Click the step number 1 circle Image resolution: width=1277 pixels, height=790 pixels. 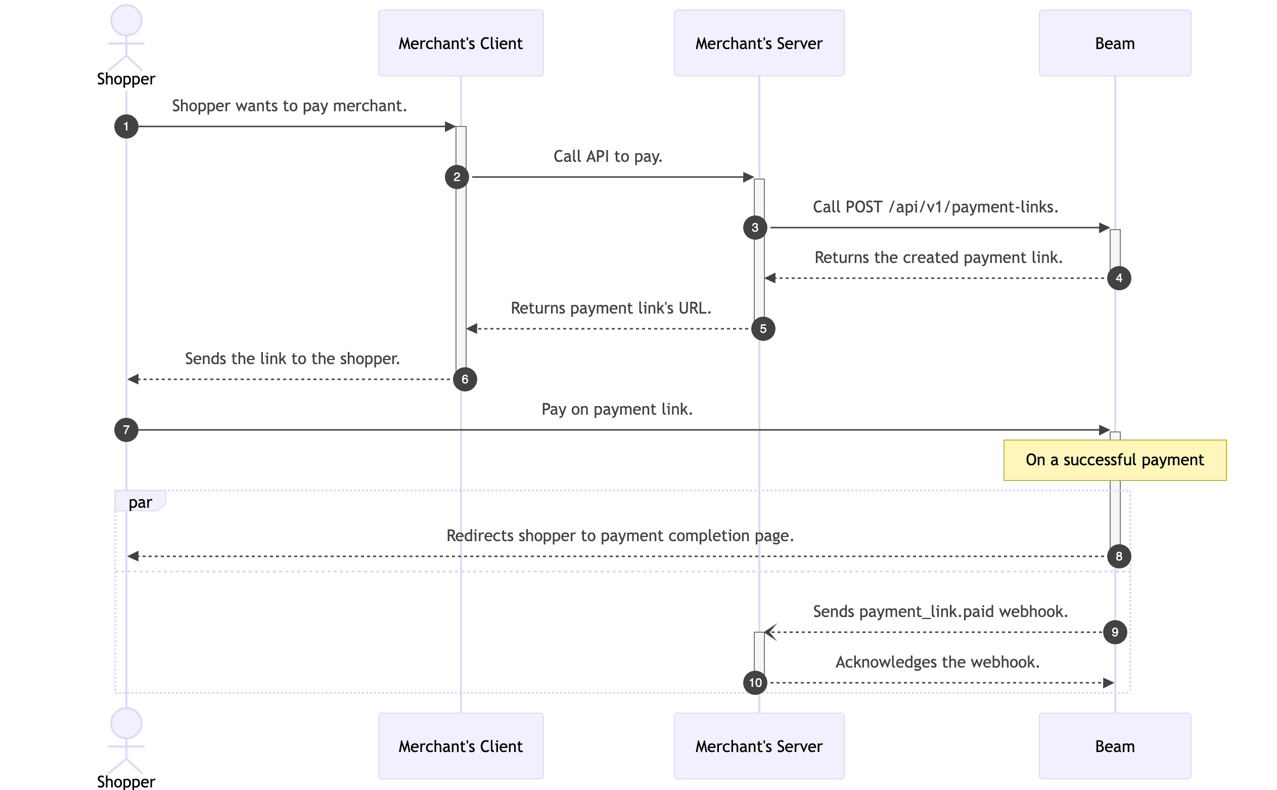coord(126,126)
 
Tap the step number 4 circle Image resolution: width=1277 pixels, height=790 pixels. coord(1118,278)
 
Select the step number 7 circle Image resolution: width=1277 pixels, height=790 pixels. coord(126,429)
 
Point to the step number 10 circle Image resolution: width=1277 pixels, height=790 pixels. coord(755,682)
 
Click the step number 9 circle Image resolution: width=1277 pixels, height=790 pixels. coord(1115,632)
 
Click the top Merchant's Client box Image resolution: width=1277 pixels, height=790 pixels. coord(460,43)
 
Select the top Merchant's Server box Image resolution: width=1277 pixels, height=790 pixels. coord(758,43)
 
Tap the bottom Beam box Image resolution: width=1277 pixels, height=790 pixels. coord(1114,745)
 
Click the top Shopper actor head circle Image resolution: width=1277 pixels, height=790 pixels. coord(126,20)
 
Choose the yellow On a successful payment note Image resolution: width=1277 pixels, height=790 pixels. coord(1114,460)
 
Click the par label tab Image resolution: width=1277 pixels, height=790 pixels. coord(140,501)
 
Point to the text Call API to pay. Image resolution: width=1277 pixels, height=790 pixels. coord(608,156)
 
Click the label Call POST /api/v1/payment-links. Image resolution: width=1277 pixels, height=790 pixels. coord(935,207)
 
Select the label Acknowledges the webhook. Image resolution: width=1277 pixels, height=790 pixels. coord(937,662)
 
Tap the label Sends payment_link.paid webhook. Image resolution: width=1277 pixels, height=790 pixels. coord(940,611)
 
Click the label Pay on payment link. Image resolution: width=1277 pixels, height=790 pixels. coord(616,409)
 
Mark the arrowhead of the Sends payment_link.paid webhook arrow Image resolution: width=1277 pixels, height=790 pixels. coord(769,632)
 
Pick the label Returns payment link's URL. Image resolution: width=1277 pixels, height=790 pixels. coord(611,308)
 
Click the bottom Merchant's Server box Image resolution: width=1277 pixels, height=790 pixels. coord(758,745)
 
